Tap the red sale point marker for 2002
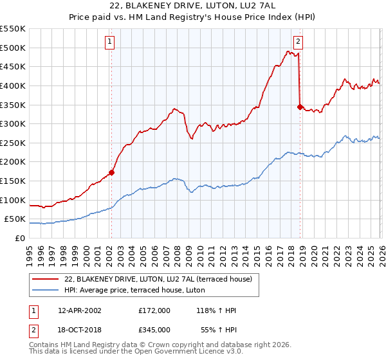point(111,172)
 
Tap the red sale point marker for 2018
point(300,107)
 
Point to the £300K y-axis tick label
point(13,123)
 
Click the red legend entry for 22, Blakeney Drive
point(161,279)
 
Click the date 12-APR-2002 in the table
point(79,310)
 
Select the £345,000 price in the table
point(154,329)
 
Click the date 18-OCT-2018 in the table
point(79,329)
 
